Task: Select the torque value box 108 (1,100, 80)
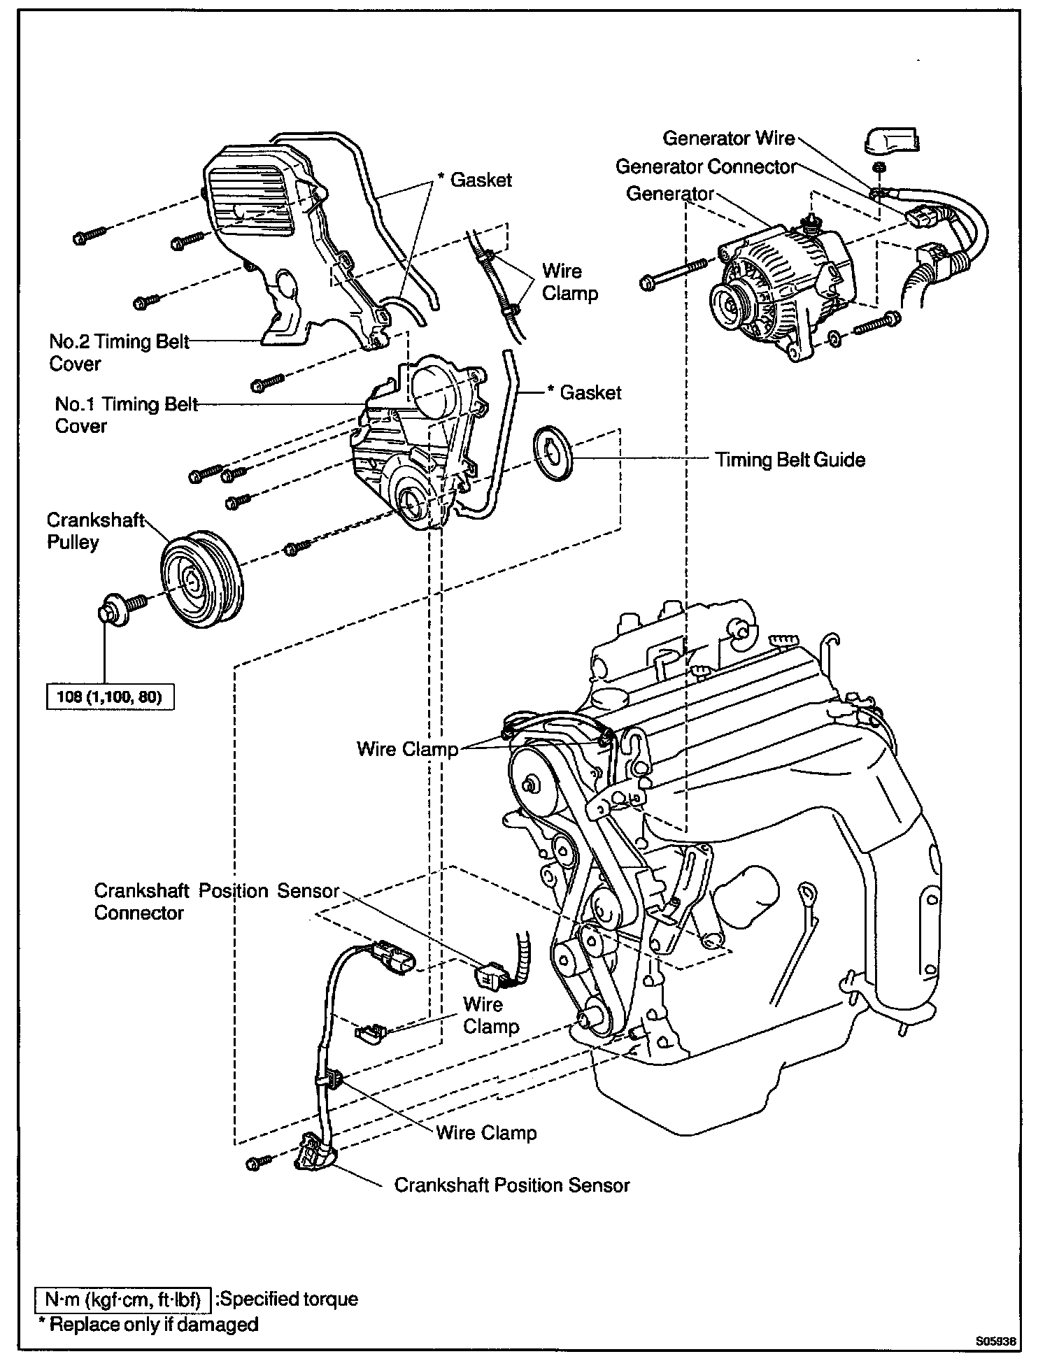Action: click(x=110, y=697)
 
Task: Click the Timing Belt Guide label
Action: click(x=790, y=460)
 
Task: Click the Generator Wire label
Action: click(x=728, y=138)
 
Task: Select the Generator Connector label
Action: click(x=706, y=167)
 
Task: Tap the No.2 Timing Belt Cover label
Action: click(x=119, y=352)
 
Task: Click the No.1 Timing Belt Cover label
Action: click(x=126, y=415)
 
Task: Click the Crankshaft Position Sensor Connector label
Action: click(x=215, y=902)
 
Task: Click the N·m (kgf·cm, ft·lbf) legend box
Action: click(x=123, y=1299)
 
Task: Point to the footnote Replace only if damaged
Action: click(x=148, y=1325)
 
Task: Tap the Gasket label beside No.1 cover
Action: click(x=590, y=393)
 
